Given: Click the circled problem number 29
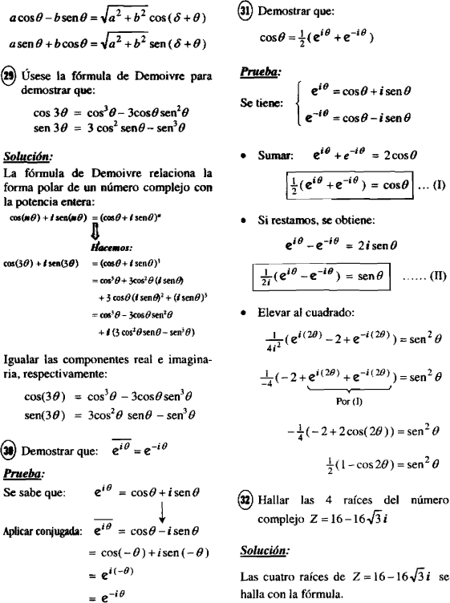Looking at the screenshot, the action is coord(11,76).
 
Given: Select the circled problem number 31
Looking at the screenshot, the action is coord(245,12).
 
